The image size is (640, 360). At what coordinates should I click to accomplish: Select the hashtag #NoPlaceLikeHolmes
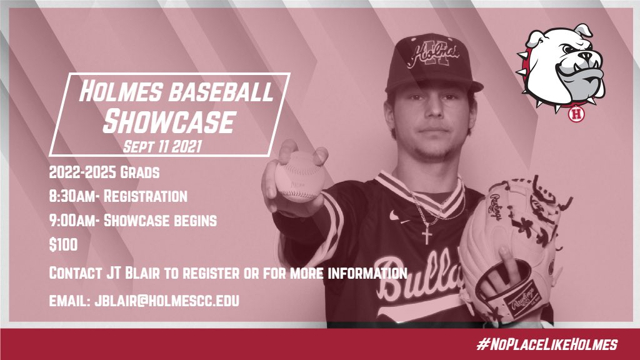[x=546, y=344]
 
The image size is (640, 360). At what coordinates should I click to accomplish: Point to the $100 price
[x=63, y=245]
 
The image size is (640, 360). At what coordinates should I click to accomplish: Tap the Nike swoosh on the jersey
[x=395, y=216]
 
